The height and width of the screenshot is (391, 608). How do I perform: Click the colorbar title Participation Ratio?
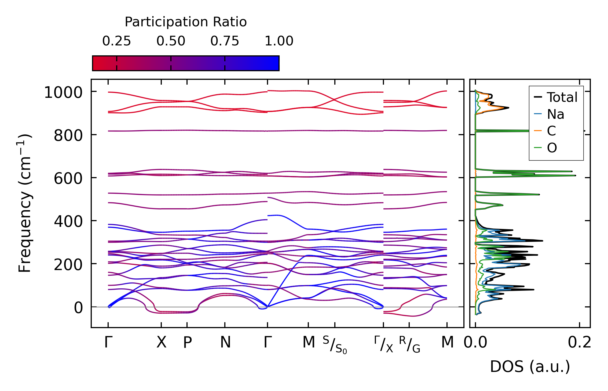coord(186,22)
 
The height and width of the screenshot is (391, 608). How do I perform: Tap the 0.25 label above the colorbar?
coord(116,41)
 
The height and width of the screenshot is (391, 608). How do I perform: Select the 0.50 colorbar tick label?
coord(171,41)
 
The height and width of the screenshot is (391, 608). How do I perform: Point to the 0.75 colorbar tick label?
coord(225,41)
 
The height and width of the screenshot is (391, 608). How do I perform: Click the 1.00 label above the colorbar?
coord(279,41)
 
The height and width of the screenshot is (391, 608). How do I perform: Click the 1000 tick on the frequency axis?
coord(63,93)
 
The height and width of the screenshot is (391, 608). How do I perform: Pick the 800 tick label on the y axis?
coord(68,136)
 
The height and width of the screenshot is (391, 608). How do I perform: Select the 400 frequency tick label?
coord(68,222)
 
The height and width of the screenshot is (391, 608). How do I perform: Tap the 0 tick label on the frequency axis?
coord(78,308)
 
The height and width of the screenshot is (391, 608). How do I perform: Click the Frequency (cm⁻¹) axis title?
coord(25,203)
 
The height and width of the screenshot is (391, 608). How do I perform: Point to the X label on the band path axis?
coord(161,343)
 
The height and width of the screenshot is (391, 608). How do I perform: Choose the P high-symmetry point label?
coord(187,343)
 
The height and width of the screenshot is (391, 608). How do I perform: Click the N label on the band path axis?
coord(225,343)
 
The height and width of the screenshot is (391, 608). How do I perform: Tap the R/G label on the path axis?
coord(409,345)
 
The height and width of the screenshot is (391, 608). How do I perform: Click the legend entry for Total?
coord(562,97)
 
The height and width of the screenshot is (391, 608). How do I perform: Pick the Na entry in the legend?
coord(555,114)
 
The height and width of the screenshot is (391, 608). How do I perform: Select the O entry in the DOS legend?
coord(552,148)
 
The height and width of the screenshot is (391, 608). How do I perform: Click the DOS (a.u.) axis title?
coord(530,367)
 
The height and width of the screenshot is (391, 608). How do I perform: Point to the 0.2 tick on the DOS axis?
coord(580,343)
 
